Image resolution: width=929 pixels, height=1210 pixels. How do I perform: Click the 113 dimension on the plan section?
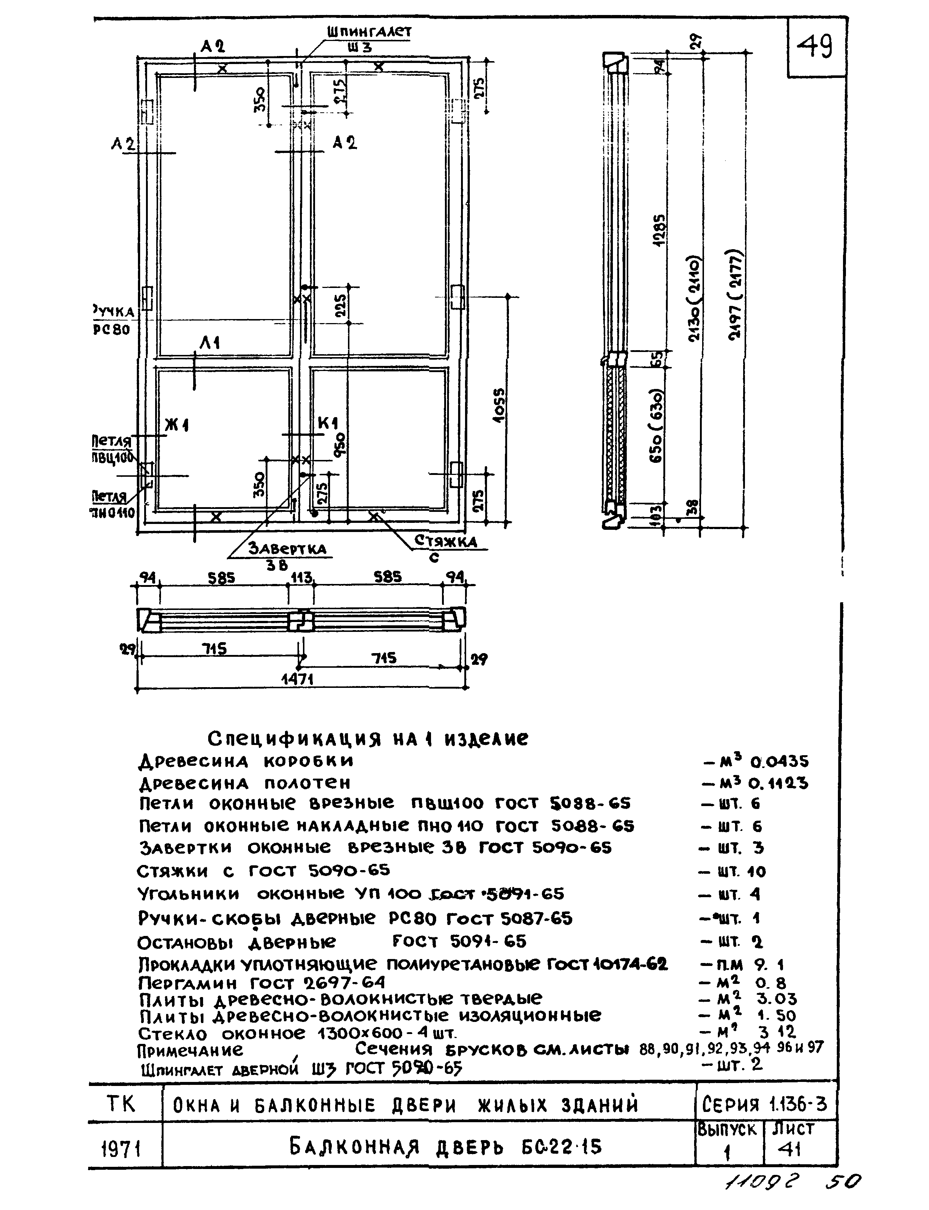(x=301, y=578)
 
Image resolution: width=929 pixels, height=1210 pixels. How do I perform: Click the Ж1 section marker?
(x=177, y=425)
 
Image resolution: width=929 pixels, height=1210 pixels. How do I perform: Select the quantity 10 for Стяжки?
(x=756, y=872)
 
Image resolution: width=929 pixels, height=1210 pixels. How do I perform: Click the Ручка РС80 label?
(x=113, y=321)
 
